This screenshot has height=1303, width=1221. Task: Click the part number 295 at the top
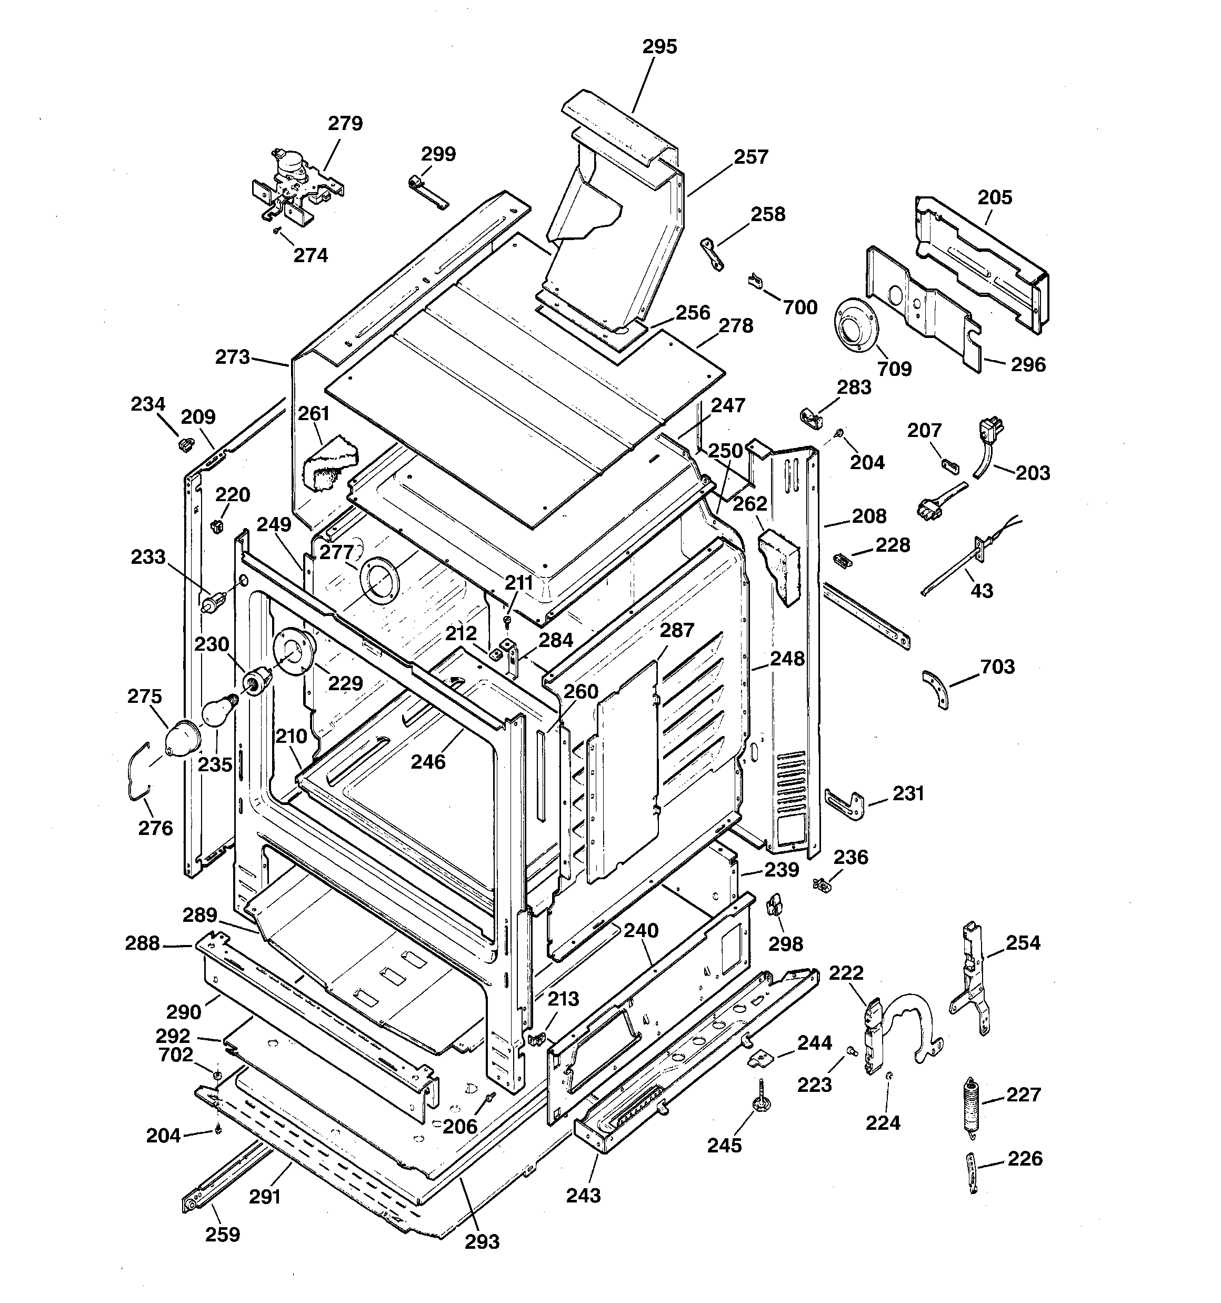659,46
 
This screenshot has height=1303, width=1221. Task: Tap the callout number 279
345,123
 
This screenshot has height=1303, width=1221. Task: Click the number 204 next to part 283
867,462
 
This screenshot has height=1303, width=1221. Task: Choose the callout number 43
981,591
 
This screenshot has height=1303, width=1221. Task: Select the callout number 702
176,1055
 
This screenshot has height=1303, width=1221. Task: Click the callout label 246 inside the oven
428,762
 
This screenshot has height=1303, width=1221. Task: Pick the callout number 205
995,197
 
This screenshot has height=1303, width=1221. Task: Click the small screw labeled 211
507,619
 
